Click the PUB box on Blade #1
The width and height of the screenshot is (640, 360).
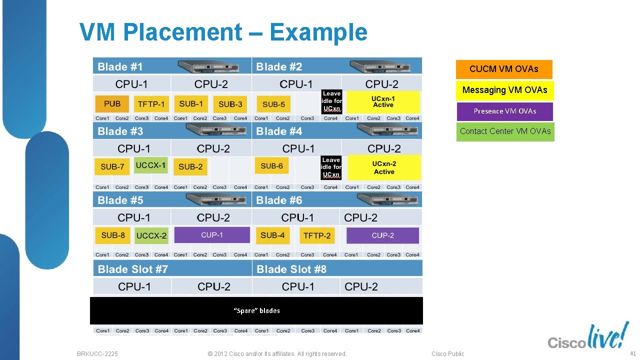point(112,104)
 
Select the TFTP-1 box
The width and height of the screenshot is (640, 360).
point(151,104)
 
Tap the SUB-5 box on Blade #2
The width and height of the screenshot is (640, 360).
point(273,104)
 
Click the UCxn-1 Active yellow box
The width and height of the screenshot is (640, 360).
point(383,102)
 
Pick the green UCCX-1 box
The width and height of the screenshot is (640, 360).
point(150,165)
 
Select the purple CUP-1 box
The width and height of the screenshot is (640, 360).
point(212,235)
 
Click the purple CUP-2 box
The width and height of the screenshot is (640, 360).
point(382,235)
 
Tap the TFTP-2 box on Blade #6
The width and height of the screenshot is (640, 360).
point(316,235)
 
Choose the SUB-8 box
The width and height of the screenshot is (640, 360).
point(113,235)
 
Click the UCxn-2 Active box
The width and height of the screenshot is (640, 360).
point(384,167)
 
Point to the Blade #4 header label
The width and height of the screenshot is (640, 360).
point(279,131)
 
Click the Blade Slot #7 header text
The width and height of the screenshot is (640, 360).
point(133,269)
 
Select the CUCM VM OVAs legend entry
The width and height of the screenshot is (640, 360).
point(504,69)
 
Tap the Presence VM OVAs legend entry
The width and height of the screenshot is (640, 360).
point(504,111)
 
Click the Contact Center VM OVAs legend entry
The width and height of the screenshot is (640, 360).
point(505,131)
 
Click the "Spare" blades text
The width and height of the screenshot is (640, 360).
point(256,310)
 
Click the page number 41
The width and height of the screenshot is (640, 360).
point(632,353)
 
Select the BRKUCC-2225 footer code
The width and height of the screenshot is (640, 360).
point(97,353)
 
